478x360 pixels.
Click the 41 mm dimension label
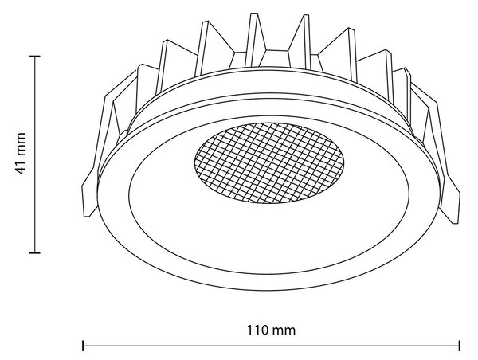(x=20, y=154)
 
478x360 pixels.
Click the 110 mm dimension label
(x=271, y=330)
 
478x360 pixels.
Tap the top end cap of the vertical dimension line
(x=35, y=57)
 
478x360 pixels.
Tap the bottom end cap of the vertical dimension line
(x=35, y=252)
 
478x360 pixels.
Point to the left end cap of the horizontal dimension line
(x=83, y=346)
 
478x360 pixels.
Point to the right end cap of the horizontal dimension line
(x=460, y=346)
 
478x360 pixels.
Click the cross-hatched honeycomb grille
(x=269, y=163)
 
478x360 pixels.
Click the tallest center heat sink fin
(x=256, y=40)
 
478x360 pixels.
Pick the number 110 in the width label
(x=257, y=330)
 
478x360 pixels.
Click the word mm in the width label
(x=284, y=331)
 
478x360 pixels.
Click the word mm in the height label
(x=20, y=144)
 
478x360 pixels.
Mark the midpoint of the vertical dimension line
(x=35, y=155)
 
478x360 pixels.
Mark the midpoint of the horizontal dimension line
(x=271, y=346)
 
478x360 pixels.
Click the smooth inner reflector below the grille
(x=268, y=238)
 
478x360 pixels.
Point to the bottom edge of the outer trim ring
(x=268, y=290)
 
